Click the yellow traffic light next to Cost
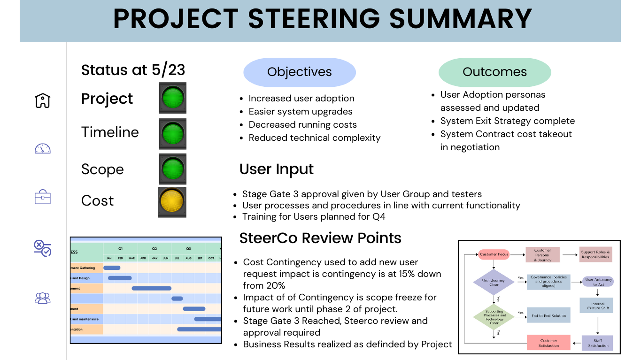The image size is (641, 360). pos(172,202)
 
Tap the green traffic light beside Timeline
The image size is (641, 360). pos(172,134)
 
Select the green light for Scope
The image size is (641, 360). pos(172,169)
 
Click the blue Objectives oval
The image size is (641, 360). pos(299,72)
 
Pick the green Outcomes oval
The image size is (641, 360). pos(494,72)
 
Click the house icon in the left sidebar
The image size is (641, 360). pos(43,100)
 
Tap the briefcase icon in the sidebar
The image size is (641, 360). pos(43,197)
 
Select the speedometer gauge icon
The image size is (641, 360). pos(43,149)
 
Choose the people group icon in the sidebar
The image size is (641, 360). pos(43,298)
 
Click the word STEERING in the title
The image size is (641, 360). pos(313,19)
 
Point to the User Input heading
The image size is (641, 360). pos(277,169)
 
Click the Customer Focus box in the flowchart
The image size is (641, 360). pos(494,254)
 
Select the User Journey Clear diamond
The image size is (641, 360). pos(494,283)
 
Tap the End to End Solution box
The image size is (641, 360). pos(548,316)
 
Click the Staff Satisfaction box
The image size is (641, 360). pos(598,343)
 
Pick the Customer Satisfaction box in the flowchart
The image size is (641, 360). pos(548,343)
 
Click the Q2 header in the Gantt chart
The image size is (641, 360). pos(154,248)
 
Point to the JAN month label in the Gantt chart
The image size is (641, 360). pos(109,258)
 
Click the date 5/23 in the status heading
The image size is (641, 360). pos(169,70)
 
